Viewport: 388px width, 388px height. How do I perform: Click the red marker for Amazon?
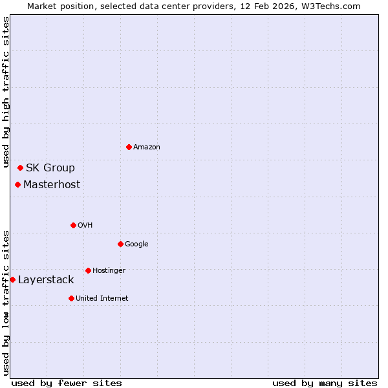(129, 147)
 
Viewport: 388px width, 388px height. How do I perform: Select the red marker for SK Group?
(20, 168)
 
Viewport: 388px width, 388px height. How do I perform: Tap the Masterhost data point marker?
(17, 185)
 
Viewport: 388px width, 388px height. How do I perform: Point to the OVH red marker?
(73, 225)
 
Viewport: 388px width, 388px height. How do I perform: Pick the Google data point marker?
(120, 244)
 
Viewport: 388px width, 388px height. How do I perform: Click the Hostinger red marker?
(88, 270)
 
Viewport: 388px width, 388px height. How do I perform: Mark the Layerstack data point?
(12, 280)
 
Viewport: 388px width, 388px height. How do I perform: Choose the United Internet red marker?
(71, 298)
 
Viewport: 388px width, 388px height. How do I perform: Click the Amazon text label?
(147, 147)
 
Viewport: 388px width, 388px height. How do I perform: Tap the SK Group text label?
(50, 168)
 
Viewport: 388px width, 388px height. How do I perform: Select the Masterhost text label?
(52, 185)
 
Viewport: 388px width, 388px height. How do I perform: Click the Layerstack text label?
(46, 280)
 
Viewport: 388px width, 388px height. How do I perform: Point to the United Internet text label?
(102, 298)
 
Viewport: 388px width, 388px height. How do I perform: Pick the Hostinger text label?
(109, 270)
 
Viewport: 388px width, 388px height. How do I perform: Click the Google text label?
(136, 244)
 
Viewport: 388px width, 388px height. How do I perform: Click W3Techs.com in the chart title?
(334, 6)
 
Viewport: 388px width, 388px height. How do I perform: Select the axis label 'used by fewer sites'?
(67, 383)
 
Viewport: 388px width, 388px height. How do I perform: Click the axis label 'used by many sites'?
(325, 383)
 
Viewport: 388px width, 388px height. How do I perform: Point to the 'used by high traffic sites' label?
(6, 93)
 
